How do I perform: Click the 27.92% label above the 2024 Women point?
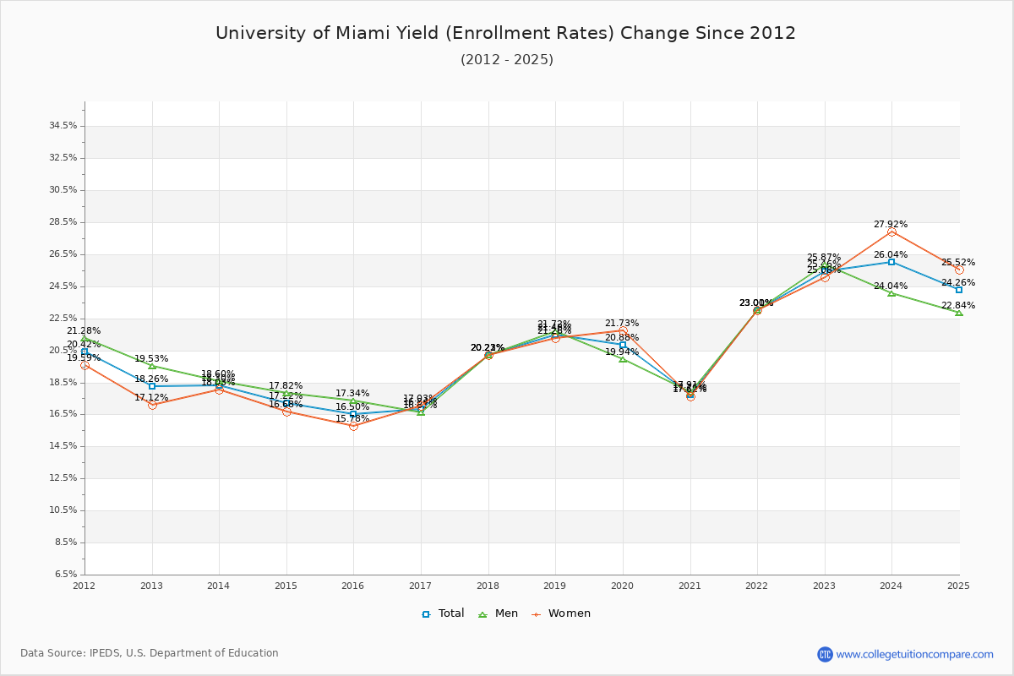pos(891,225)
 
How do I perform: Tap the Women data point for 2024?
pos(891,232)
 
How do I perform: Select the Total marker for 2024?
pos(891,262)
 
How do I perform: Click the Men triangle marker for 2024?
pos(891,293)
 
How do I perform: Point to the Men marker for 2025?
pos(959,313)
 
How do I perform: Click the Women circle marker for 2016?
pos(353,426)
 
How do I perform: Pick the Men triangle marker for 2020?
pos(623,359)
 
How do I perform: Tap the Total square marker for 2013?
pos(152,386)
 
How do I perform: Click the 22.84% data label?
pos(958,306)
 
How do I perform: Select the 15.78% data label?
pos(352,419)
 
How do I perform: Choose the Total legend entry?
pos(444,613)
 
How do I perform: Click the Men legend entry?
pos(499,613)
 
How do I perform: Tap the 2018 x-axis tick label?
pos(488,586)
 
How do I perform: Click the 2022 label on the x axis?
pos(757,586)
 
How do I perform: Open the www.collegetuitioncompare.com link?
pos(914,654)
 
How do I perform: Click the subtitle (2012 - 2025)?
pos(507,60)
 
